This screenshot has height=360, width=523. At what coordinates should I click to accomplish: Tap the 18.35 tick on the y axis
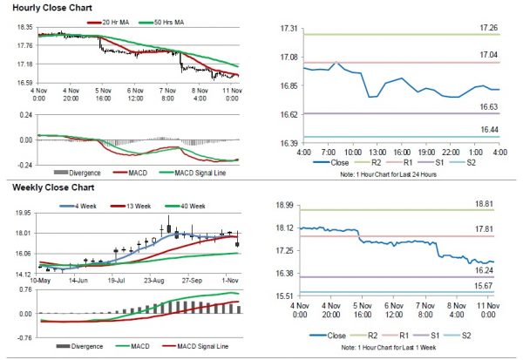tap(24, 28)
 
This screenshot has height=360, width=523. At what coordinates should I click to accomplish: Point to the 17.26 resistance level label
tap(490, 28)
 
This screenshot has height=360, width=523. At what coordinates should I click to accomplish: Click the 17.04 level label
tap(490, 55)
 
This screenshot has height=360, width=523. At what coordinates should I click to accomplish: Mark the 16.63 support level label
tap(490, 106)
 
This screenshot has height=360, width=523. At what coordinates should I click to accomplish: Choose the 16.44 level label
tap(490, 128)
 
